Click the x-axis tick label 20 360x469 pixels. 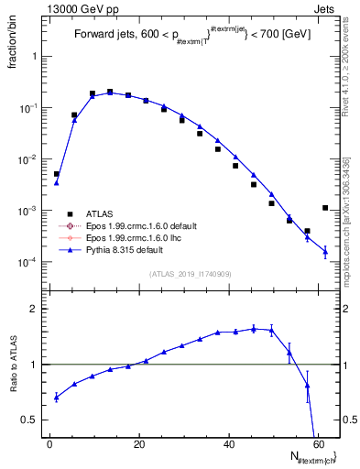139,444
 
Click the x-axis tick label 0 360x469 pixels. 49,444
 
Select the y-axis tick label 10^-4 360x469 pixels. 32,262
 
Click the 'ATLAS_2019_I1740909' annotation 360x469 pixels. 190,275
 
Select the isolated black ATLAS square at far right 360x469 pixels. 325,208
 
